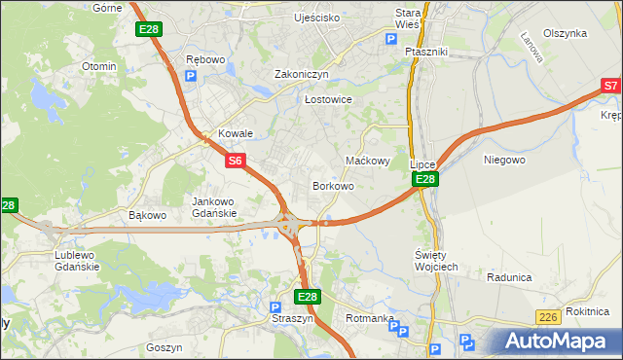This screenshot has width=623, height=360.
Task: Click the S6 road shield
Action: pos(237,161)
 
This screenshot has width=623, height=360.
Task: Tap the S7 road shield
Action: pos(610,87)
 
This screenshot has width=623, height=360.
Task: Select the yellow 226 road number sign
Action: pos(548,317)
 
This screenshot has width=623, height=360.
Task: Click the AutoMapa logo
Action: pos(554,341)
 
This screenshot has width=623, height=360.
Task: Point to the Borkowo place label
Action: pos(332,185)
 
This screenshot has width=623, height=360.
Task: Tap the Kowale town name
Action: pos(236,133)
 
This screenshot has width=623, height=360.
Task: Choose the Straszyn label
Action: pos(291,317)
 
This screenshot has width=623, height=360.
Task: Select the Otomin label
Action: pos(99,66)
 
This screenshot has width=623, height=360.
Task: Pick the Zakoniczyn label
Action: pos(302,73)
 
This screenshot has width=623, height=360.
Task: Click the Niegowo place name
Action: pos(504,159)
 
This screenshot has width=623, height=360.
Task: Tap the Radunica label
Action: pos(509,276)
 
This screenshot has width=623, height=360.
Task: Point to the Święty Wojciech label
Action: pos(429,260)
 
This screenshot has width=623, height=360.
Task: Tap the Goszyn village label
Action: pos(164,346)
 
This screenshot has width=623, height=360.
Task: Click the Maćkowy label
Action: pos(368,161)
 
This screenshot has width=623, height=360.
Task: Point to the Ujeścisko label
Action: pos(317,18)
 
